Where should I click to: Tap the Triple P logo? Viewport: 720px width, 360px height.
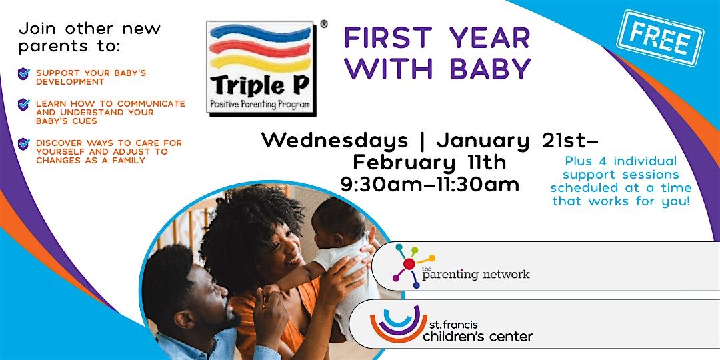261,67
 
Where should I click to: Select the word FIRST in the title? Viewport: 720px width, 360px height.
387,38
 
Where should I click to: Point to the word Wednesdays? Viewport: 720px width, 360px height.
334,141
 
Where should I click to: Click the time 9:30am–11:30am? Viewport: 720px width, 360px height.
429,185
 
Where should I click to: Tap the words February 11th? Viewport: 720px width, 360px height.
429,163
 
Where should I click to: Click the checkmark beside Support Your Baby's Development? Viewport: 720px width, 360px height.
24,73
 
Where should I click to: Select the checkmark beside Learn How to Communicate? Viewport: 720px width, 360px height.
24,105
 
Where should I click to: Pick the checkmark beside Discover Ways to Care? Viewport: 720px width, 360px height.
24,144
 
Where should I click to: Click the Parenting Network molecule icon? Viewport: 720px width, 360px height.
409,265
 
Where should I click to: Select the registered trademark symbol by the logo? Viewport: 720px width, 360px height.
324,24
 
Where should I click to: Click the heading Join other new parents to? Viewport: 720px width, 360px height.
90,37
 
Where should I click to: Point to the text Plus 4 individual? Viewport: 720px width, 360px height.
620,161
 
